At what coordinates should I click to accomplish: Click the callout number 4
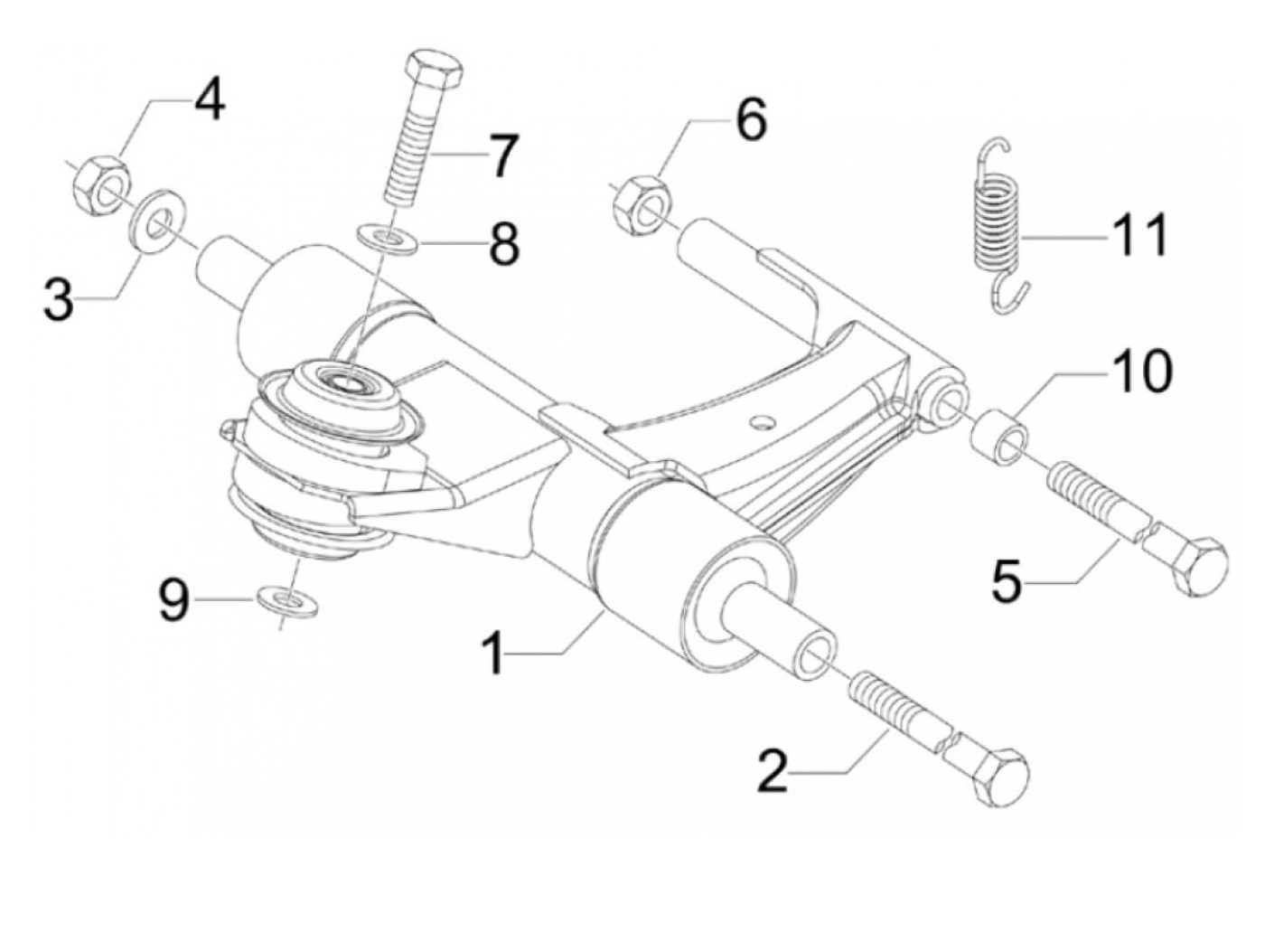[x=207, y=101]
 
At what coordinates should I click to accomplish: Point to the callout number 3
[x=59, y=299]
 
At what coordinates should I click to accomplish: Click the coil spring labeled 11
[x=999, y=226]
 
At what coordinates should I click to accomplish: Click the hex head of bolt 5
[x=1194, y=560]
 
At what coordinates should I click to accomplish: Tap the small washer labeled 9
[x=287, y=601]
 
